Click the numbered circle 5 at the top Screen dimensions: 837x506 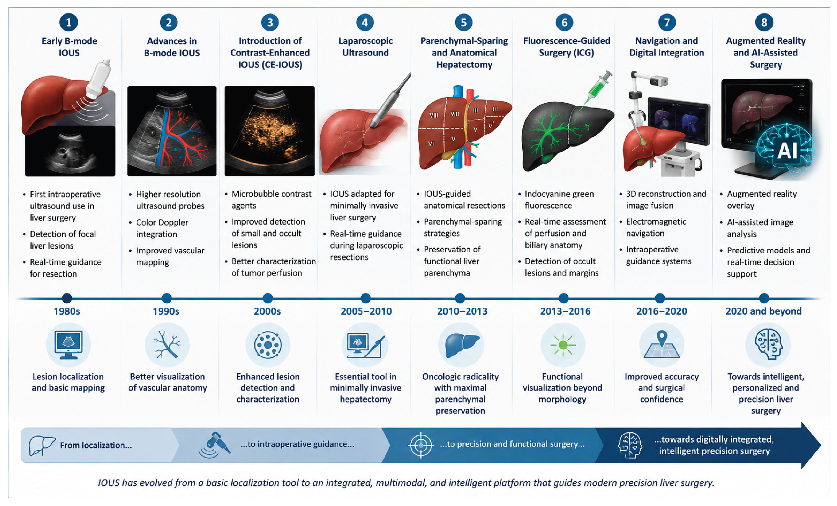point(463,22)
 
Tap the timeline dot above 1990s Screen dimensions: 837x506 point(166,298)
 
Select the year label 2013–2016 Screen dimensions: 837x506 point(565,311)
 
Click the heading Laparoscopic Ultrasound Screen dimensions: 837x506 point(365,47)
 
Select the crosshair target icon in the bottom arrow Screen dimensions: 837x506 point(421,445)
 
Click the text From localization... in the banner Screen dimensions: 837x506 point(96,445)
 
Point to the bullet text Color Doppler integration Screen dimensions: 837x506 point(162,228)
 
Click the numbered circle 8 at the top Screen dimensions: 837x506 point(764,22)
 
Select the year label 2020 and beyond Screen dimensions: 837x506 point(764,311)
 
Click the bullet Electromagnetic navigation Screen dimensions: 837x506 point(656,228)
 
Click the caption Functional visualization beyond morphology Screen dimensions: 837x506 point(562,388)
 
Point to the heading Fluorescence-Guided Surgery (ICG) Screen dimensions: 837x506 point(567,47)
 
